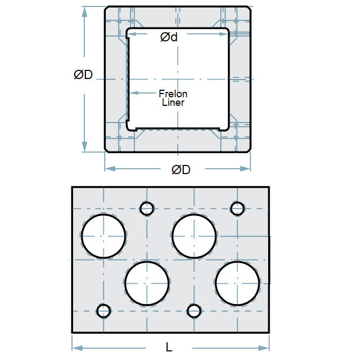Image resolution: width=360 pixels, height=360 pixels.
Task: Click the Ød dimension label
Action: pos(169,37)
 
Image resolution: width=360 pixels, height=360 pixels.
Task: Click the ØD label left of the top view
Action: pos(83,75)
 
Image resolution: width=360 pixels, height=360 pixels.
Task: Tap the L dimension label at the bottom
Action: pos(169,347)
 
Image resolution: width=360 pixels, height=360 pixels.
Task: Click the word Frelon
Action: pos(173,94)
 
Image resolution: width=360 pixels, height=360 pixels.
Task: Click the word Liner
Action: pos(173,103)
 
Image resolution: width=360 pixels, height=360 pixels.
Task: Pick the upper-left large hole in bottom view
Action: pos(104,236)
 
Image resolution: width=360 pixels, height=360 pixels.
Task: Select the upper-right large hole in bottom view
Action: pos(195,236)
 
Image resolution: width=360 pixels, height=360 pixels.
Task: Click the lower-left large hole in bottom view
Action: pos(147,283)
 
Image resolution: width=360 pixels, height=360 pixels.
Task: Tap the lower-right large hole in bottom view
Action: pos(238,283)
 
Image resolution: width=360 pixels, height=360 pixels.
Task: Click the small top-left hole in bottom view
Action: pos(147,208)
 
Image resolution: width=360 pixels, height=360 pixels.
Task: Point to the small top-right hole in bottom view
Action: pos(237,208)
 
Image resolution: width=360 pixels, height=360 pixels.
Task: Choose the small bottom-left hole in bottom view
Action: pos(103,311)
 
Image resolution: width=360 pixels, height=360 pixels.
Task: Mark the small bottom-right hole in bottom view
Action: pos(194,311)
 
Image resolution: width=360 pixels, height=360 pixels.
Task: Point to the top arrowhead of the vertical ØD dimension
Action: pos(84,11)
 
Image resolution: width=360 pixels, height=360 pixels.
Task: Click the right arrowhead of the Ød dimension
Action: pos(225,34)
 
